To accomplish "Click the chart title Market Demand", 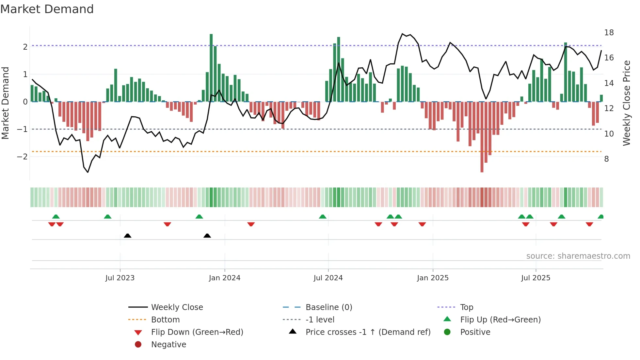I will coord(47,9).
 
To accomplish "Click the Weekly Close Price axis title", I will coord(626,103).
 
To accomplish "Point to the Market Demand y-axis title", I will coord(5,103).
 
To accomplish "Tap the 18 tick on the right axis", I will coord(609,33).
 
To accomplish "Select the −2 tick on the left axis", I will coord(22,156).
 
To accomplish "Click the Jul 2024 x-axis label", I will coord(328,278).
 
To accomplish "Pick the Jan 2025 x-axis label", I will coord(432,278).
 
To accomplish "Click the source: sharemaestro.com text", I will coord(578,256).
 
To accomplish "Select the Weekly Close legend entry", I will coord(177,307).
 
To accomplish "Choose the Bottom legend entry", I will coord(165,320).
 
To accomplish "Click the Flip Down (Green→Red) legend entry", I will coord(197,332).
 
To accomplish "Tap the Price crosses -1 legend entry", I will coord(368,332).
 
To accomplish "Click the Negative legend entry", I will coord(168,345).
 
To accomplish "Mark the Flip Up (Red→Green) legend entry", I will coord(500,320).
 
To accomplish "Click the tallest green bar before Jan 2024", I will coord(211,68).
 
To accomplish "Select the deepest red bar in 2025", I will coord(482,137).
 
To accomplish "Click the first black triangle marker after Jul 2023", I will coord(128,236).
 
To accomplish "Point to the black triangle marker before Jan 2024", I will coord(207,236).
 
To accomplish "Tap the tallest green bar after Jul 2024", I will coord(339,69).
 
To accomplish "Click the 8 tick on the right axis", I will coord(606,159).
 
